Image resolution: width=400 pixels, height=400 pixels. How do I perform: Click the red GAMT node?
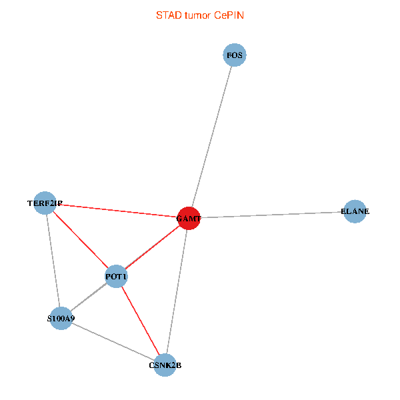(x=189, y=218)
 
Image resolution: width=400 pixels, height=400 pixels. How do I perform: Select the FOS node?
(x=235, y=55)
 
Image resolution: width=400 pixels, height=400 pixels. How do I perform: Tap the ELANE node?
(x=355, y=211)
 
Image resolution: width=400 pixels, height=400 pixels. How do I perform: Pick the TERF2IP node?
(x=45, y=203)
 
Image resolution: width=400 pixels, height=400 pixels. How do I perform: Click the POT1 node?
(x=116, y=276)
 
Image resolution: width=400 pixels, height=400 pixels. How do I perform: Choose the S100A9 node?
(x=61, y=319)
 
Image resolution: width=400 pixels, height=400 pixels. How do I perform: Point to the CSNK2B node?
(x=165, y=365)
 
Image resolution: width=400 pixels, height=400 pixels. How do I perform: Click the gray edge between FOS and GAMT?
(x=212, y=136)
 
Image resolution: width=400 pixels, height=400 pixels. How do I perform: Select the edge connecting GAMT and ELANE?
(x=272, y=215)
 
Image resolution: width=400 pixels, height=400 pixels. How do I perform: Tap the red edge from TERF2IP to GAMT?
(x=117, y=211)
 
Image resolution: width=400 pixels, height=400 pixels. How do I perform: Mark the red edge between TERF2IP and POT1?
(x=80, y=239)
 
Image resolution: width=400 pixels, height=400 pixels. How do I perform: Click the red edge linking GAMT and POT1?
(x=153, y=247)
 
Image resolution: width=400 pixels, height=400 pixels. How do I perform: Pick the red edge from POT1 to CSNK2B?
(x=140, y=320)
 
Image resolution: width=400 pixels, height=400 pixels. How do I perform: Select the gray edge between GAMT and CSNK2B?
(x=177, y=291)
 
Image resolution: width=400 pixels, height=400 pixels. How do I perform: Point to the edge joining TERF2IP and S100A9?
(x=53, y=261)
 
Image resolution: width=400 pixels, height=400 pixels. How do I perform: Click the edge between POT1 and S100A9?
(x=89, y=297)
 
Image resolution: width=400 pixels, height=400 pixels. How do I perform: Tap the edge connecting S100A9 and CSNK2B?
(x=113, y=341)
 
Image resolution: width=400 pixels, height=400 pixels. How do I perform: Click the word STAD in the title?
(x=167, y=15)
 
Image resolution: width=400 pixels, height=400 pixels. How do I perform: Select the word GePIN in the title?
(x=229, y=15)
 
